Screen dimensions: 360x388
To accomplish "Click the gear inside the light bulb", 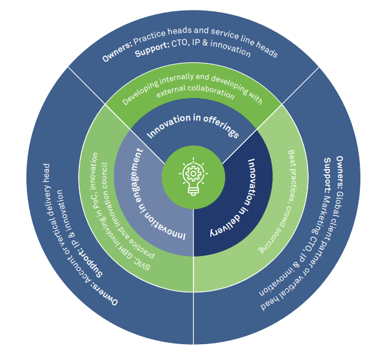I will [194, 173].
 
